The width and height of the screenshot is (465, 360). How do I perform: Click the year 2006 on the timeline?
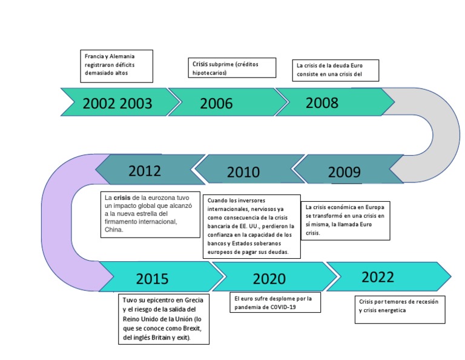coord(216,104)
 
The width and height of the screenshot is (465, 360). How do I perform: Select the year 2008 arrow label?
coord(322,102)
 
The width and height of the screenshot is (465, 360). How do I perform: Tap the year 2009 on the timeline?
coord(344,172)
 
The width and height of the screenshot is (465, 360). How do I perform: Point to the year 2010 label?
coord(243,172)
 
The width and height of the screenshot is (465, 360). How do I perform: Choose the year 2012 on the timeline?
coord(145,170)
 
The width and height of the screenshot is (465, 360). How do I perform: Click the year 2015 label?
coord(152,279)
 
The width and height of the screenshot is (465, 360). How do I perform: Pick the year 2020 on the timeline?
coord(269,279)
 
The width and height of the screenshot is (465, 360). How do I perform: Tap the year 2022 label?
coord(378,277)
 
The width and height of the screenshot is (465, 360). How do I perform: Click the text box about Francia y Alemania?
coord(117,65)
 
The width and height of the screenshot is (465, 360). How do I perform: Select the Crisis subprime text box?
coord(232,67)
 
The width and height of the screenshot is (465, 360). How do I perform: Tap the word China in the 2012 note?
coord(114,230)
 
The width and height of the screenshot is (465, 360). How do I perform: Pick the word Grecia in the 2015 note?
coord(192,300)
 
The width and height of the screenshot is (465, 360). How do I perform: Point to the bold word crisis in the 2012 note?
coord(122,198)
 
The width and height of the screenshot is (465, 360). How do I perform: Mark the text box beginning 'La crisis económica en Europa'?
coord(346,220)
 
